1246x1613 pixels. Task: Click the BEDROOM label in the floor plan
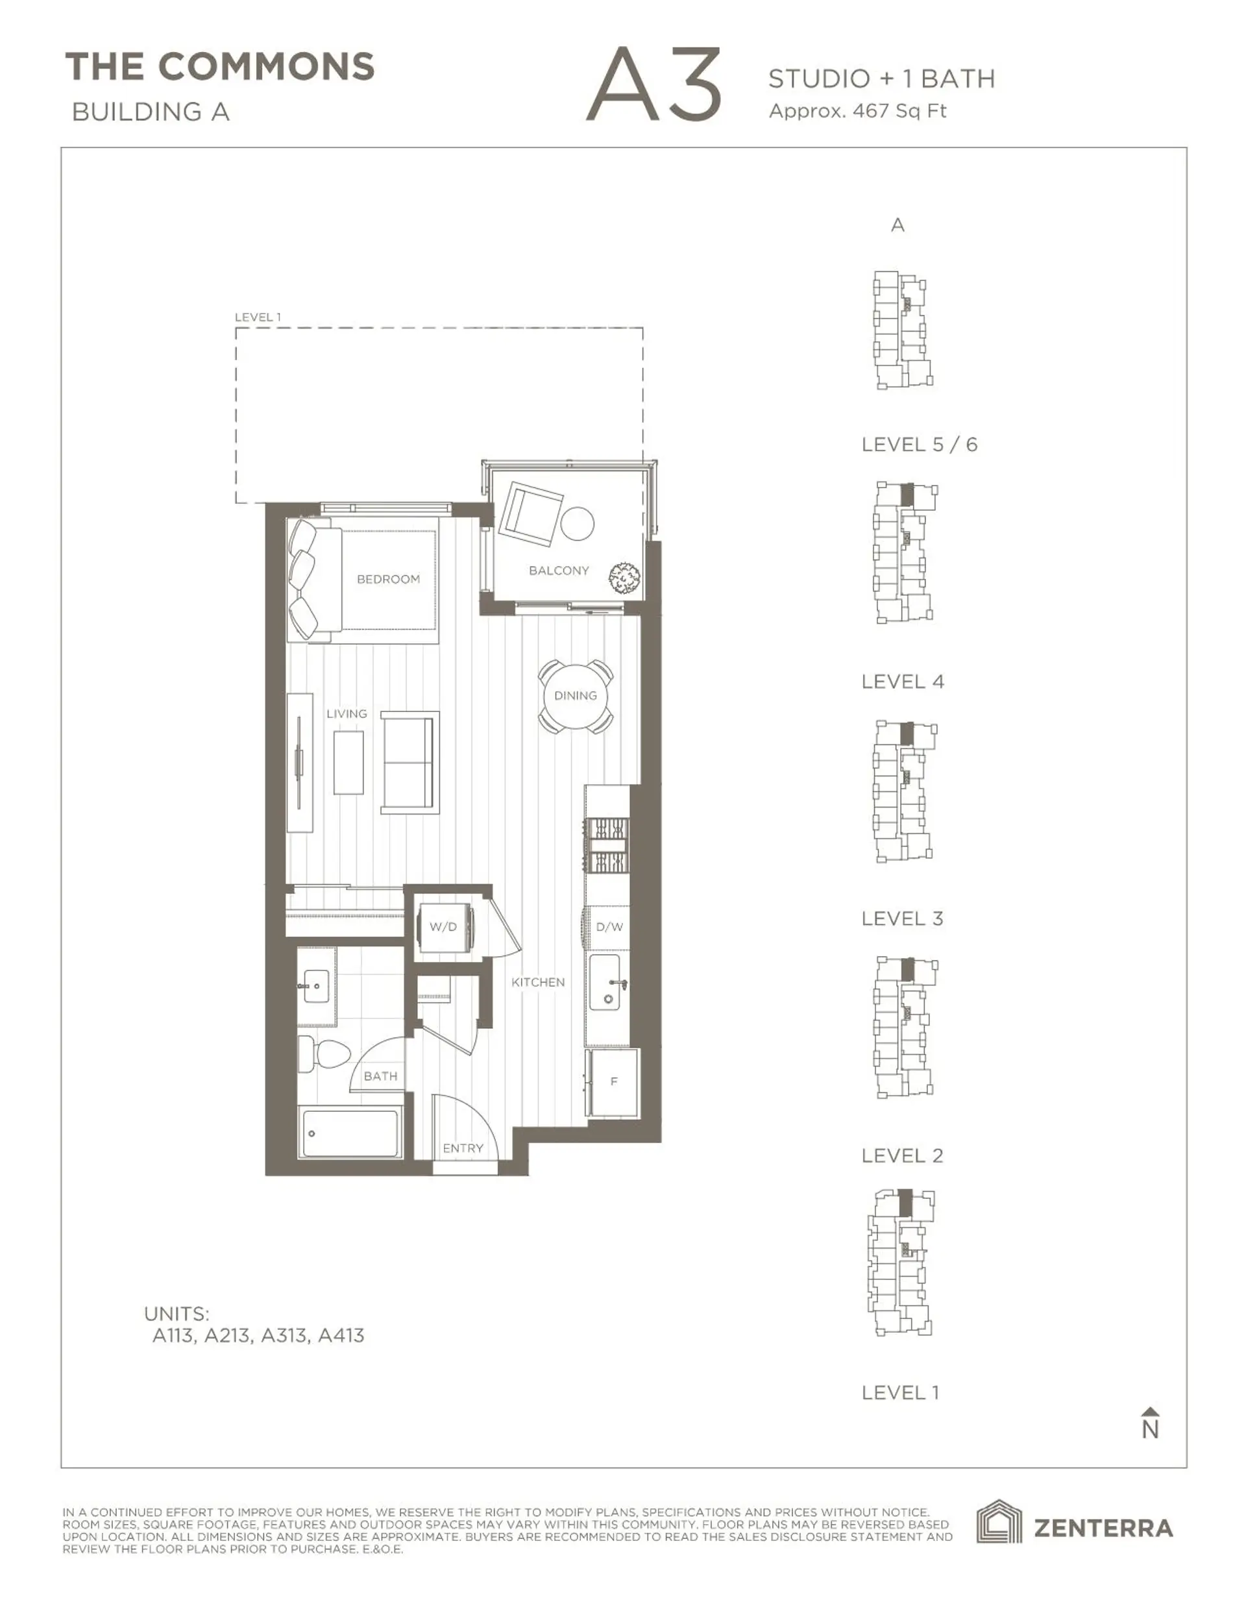click(x=388, y=579)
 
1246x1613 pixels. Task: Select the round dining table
click(x=576, y=696)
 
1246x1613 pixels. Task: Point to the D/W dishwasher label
click(x=609, y=926)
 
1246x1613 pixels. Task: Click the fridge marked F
click(x=614, y=1081)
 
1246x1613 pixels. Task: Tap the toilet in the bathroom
click(x=325, y=1054)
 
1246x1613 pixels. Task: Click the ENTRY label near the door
click(x=463, y=1148)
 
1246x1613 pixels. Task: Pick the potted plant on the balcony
click(x=624, y=577)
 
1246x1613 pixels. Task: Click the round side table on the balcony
click(x=577, y=524)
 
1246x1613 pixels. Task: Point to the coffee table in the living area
click(x=348, y=762)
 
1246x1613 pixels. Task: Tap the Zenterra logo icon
click(x=999, y=1522)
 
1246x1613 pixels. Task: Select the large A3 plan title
click(x=654, y=85)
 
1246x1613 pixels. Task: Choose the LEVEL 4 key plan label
click(x=903, y=681)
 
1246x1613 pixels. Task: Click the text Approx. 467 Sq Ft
click(x=857, y=111)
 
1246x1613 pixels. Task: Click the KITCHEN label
click(x=538, y=982)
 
